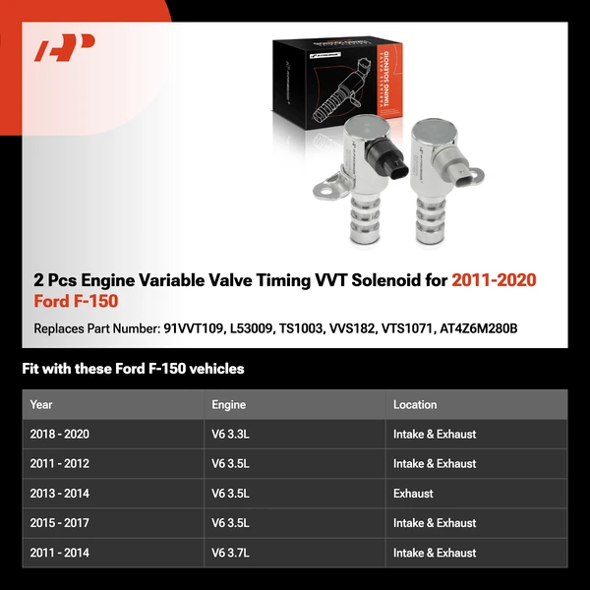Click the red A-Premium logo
tap(65, 48)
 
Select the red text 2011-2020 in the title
tap(494, 280)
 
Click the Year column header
tap(41, 404)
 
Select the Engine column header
tap(228, 404)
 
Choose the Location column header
tap(415, 404)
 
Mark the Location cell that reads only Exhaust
tap(413, 494)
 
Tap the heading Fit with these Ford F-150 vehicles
tap(133, 369)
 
